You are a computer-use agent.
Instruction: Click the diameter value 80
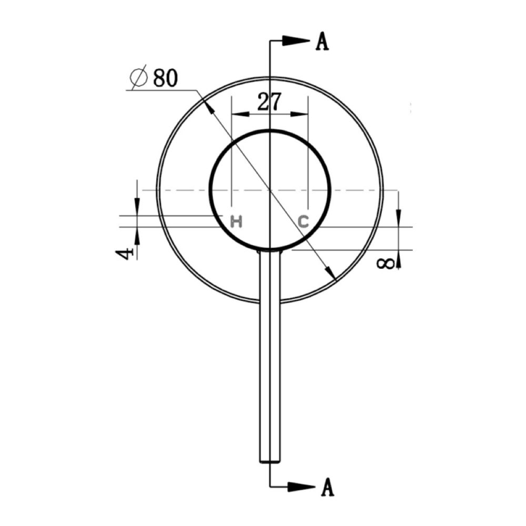pos(165,78)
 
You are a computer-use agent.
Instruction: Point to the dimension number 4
pos(125,254)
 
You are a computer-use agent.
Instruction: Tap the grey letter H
pos(237,222)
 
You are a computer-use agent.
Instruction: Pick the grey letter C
pos(304,222)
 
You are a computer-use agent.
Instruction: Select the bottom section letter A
pos(327,487)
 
